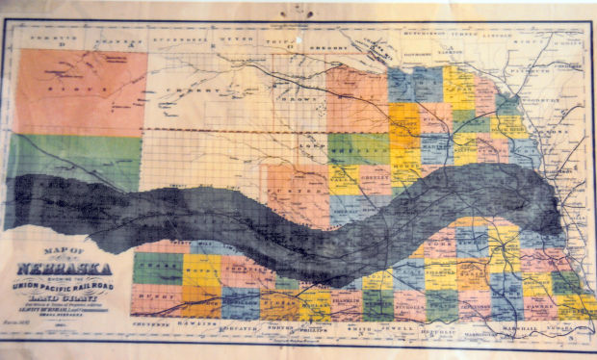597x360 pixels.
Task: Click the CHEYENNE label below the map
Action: [x=149, y=324]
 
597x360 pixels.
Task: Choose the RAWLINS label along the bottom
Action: [x=195, y=324]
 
